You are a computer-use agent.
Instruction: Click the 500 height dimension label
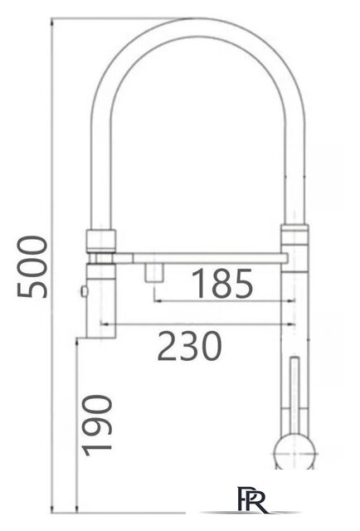click(x=32, y=266)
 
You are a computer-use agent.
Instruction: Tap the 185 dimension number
click(x=221, y=285)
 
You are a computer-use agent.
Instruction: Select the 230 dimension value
click(x=190, y=346)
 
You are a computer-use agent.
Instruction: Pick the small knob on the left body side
click(x=83, y=290)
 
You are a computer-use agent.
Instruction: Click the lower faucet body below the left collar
click(x=100, y=299)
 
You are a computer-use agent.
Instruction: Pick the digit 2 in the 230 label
click(x=168, y=346)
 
